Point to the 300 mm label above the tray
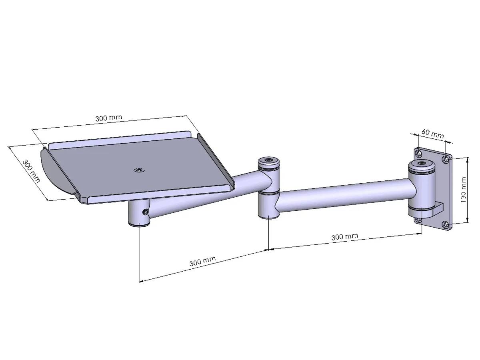[x=108, y=118]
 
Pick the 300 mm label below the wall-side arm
[x=344, y=237]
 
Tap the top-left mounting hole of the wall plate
[x=418, y=153]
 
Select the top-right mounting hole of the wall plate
[x=446, y=160]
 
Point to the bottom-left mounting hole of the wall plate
[x=418, y=220]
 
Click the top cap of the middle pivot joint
[x=268, y=160]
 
